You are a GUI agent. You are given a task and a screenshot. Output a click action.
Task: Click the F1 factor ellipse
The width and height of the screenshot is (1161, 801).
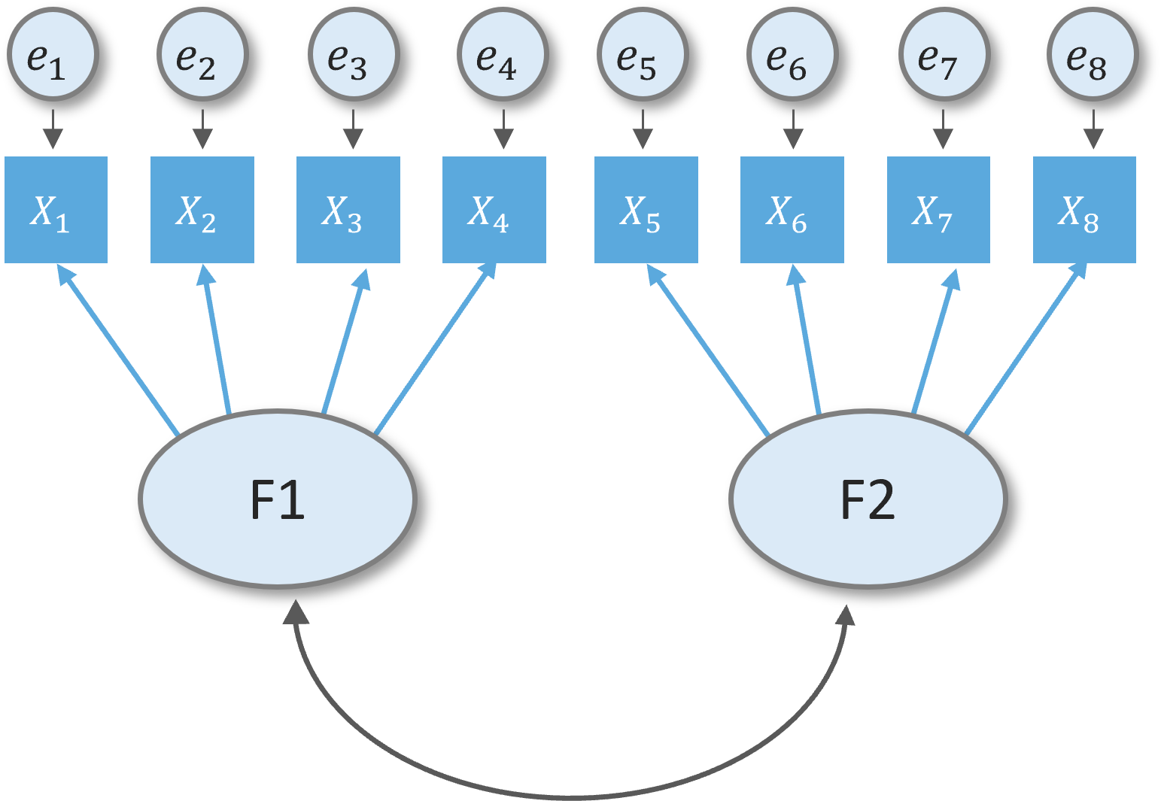point(278,499)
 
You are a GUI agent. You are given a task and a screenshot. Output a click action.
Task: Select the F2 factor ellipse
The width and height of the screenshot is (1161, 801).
point(868,499)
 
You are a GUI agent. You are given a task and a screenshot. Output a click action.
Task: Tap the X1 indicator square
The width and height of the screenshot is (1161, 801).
point(56,210)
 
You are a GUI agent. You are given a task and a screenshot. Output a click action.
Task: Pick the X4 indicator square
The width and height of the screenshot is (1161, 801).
point(494,210)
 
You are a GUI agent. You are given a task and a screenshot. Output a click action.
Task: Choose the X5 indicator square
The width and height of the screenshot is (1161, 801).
point(646,210)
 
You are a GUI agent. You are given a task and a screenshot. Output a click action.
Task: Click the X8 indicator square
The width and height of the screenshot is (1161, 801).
point(1084,210)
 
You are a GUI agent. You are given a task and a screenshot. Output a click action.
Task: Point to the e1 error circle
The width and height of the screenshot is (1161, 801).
point(53,55)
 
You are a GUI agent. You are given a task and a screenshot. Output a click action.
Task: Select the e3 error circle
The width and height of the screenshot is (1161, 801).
point(353,55)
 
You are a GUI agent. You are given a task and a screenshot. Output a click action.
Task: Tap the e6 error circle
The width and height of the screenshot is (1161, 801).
point(792,55)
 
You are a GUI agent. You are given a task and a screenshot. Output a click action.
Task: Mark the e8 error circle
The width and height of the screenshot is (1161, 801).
point(1093,55)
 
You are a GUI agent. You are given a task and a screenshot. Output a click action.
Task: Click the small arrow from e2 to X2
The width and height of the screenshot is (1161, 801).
point(202,129)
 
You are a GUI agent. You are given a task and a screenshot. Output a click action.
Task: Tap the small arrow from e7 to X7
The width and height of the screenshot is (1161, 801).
point(943,129)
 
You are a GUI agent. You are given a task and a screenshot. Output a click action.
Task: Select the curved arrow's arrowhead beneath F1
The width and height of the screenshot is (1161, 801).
point(296,612)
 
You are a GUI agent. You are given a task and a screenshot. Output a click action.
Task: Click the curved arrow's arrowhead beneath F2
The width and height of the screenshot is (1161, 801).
point(846,615)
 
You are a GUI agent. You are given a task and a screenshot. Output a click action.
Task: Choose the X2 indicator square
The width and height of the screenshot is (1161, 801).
point(202,210)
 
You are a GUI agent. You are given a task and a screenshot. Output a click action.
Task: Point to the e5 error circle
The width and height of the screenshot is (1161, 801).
point(643,55)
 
